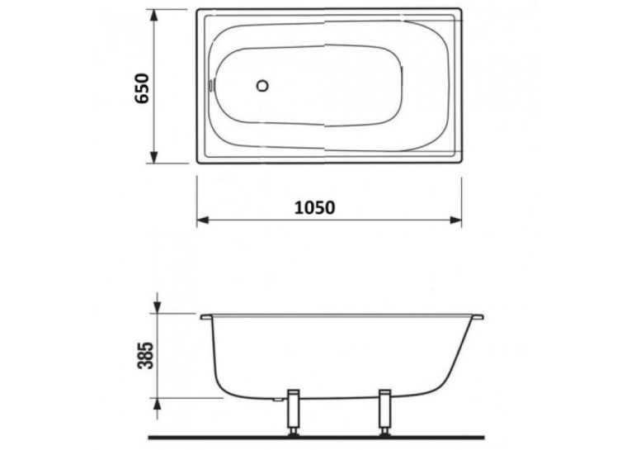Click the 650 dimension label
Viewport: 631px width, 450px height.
143,88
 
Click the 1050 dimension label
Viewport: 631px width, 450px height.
315,208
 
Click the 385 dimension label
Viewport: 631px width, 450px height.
146,355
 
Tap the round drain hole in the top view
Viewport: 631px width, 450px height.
262,85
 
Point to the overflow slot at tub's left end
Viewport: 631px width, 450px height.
210,85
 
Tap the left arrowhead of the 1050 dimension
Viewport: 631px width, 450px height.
203,220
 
